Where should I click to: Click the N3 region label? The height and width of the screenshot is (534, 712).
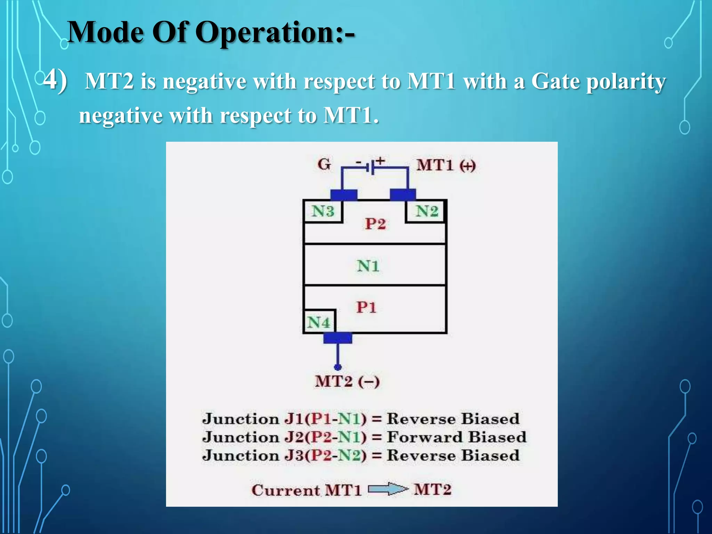click(323, 211)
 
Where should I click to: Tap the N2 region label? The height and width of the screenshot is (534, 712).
click(427, 211)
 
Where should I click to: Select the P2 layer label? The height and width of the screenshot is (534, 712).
click(375, 224)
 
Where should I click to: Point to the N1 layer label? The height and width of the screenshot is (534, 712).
click(368, 266)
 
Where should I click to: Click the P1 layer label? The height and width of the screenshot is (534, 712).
click(366, 307)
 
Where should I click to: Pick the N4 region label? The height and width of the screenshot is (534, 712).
click(318, 322)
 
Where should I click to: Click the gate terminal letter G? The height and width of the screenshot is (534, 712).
click(324, 164)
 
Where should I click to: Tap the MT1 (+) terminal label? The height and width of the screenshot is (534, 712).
click(446, 165)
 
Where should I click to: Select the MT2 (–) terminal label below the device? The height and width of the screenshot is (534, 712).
click(347, 381)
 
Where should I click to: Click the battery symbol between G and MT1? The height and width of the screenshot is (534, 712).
click(371, 167)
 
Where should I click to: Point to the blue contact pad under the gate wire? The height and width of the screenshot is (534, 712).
click(343, 195)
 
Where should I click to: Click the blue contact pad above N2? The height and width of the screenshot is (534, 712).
click(403, 195)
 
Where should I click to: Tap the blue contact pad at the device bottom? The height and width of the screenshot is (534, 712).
click(338, 338)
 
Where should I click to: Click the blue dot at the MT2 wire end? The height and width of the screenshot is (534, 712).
click(338, 367)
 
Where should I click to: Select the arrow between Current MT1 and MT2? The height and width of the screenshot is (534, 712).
click(388, 489)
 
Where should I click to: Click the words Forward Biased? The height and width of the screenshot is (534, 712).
click(456, 437)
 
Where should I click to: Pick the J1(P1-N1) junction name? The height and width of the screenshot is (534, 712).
click(325, 419)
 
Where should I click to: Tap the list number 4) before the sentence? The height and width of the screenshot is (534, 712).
click(55, 80)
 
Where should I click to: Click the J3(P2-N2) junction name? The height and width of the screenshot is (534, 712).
click(325, 455)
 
